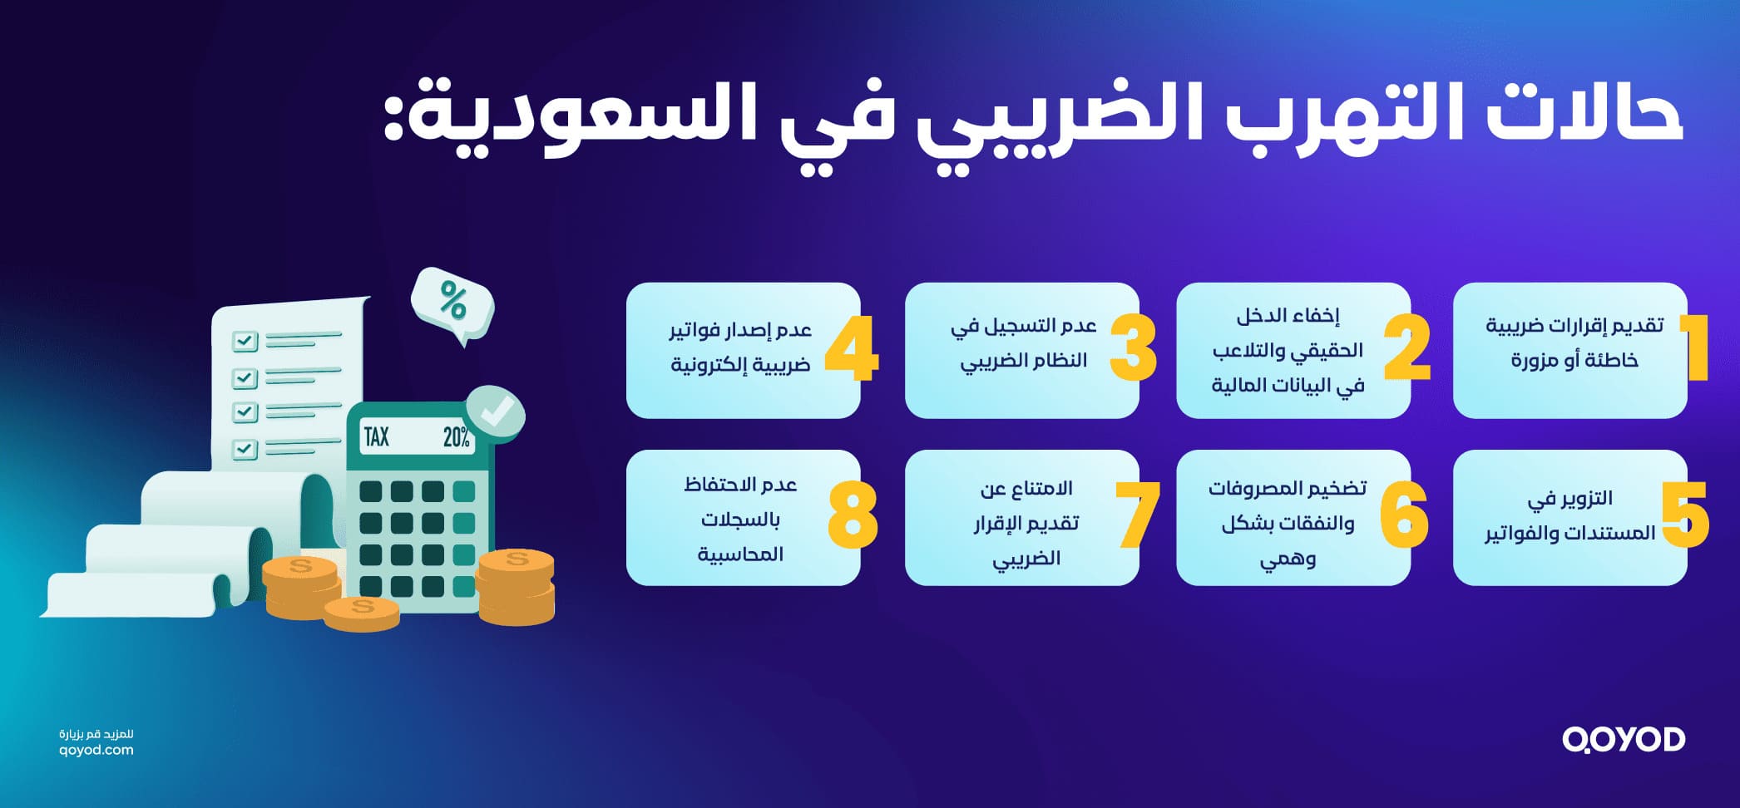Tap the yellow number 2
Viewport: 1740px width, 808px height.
click(x=1407, y=349)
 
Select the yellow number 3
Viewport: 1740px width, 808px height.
click(x=1133, y=349)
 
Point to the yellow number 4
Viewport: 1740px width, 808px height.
click(x=852, y=349)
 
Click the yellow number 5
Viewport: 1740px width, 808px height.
click(x=1685, y=515)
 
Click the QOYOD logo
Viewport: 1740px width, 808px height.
click(x=1623, y=739)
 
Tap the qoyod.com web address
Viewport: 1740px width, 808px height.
click(x=96, y=750)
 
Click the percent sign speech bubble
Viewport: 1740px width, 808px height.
click(x=452, y=302)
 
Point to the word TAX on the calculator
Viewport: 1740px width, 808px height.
click(x=377, y=436)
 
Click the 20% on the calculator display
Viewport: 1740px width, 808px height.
click(x=456, y=437)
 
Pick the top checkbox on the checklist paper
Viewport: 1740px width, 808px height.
click(x=245, y=341)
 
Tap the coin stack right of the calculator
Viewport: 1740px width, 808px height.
click(x=516, y=586)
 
